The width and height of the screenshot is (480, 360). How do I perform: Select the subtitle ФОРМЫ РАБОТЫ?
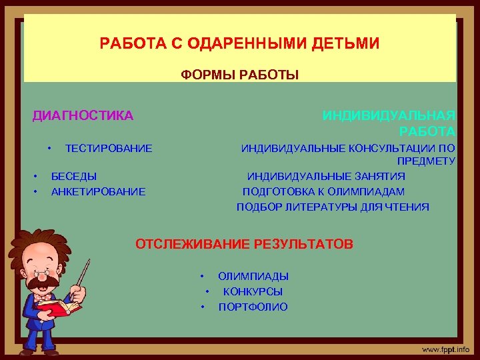pyautogui.click(x=240, y=75)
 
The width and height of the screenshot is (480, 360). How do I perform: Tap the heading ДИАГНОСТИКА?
pyautogui.click(x=83, y=116)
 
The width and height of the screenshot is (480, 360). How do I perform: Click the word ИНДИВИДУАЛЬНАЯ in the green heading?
pyautogui.click(x=389, y=116)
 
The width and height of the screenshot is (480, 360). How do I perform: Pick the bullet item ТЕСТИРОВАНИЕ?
pyautogui.click(x=109, y=148)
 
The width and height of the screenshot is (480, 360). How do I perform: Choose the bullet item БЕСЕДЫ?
pyautogui.click(x=74, y=177)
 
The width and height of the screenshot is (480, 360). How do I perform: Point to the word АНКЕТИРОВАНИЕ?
pyautogui.click(x=98, y=192)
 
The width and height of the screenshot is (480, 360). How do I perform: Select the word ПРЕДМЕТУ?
pyautogui.click(x=426, y=161)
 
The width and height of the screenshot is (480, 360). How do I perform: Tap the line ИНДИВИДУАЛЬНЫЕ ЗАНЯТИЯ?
pyautogui.click(x=326, y=177)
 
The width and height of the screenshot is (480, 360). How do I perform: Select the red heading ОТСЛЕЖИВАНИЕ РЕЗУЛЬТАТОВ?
pyautogui.click(x=244, y=244)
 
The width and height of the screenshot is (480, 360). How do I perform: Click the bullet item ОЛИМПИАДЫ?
pyautogui.click(x=253, y=276)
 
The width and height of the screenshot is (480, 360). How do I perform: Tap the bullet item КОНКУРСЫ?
pyautogui.click(x=253, y=291)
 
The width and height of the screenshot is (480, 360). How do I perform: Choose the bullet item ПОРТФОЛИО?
pyautogui.click(x=253, y=307)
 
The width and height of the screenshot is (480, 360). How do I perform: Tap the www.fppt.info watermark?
pyautogui.click(x=445, y=349)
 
